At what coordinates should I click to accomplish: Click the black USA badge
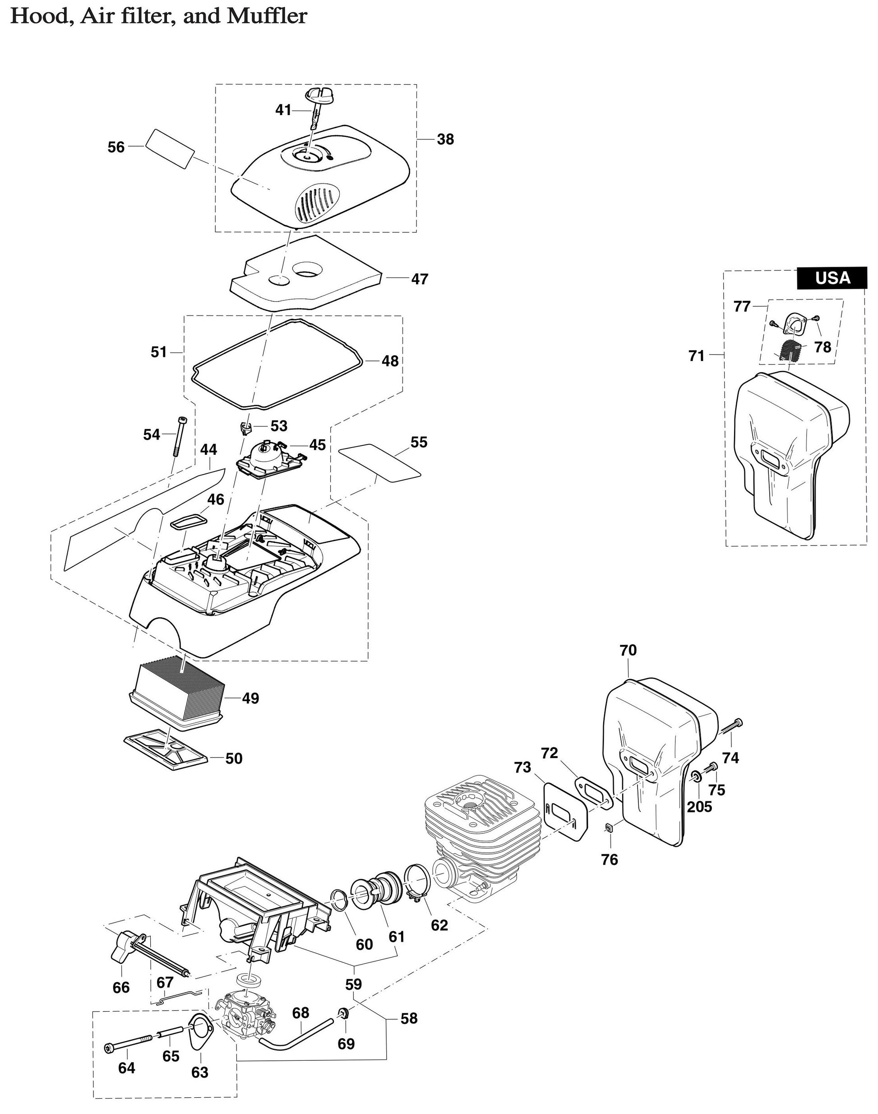pyautogui.click(x=832, y=278)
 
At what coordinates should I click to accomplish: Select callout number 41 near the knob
pyautogui.click(x=283, y=110)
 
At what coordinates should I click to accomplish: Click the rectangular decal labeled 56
pyautogui.click(x=170, y=148)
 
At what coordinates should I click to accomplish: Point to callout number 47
pyautogui.click(x=420, y=279)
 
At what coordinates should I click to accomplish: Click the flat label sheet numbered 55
pyautogui.click(x=379, y=462)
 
